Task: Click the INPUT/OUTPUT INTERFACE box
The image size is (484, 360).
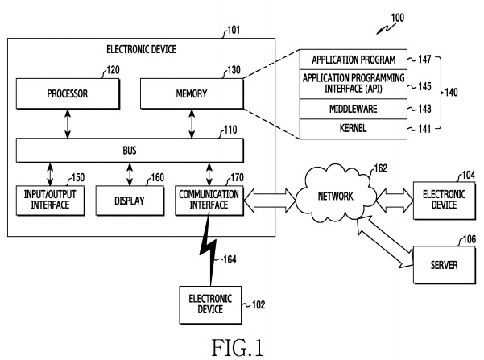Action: (x=50, y=201)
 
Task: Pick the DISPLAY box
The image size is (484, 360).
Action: (x=129, y=201)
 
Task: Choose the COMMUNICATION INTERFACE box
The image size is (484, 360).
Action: (x=209, y=201)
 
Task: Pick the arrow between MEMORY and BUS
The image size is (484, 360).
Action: (x=191, y=124)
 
